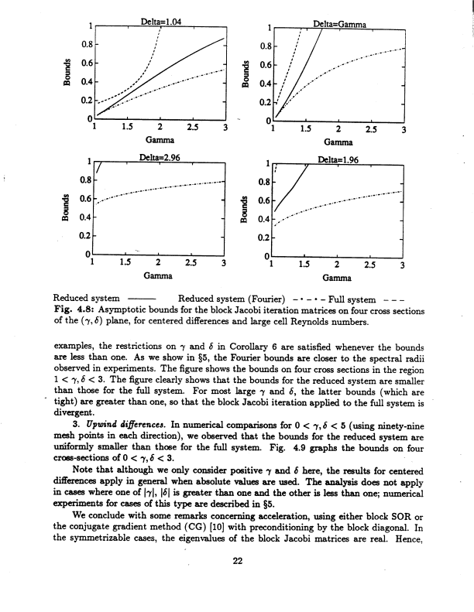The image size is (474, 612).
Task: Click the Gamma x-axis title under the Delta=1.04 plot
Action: pyautogui.click(x=158, y=140)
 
